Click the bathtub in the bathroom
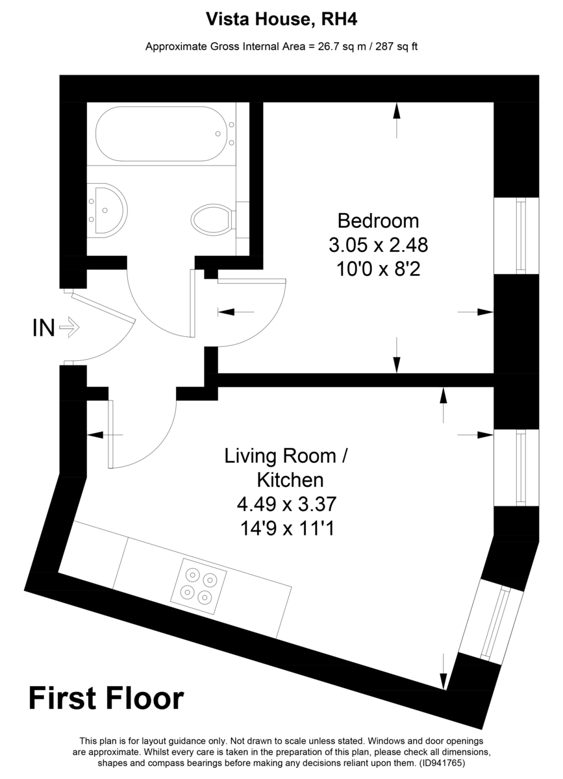pyautogui.click(x=161, y=134)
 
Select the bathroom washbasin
pyautogui.click(x=107, y=210)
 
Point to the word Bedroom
pyautogui.click(x=378, y=221)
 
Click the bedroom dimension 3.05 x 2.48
pyautogui.click(x=378, y=245)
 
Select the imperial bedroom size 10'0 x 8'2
pyautogui.click(x=378, y=269)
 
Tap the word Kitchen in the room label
pyautogui.click(x=290, y=480)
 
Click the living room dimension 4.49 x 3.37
pyautogui.click(x=287, y=504)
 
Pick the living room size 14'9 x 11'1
pyautogui.click(x=287, y=528)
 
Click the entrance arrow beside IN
pyautogui.click(x=69, y=327)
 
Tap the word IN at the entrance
pyautogui.click(x=44, y=328)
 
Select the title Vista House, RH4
pyautogui.click(x=282, y=19)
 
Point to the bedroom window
pyautogui.click(x=517, y=236)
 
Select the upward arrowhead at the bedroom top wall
pyautogui.click(x=397, y=110)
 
